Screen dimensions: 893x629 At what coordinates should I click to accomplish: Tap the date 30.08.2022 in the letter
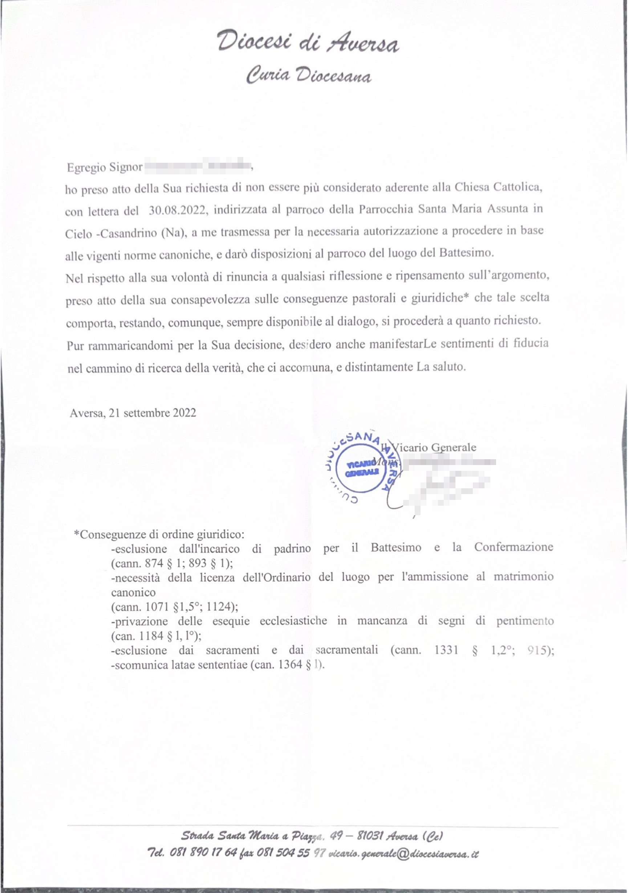(177, 210)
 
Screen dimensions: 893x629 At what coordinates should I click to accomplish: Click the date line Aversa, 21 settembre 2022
(133, 413)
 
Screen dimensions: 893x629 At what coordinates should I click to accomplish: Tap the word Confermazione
(513, 547)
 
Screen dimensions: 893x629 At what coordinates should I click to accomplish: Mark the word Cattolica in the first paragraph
(518, 187)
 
